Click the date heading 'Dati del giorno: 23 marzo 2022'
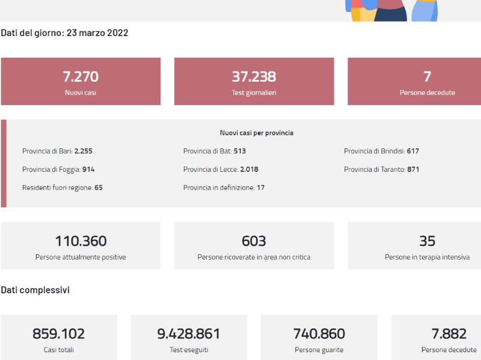coord(64,33)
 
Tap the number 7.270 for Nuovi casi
coord(81,77)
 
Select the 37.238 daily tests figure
coord(254,77)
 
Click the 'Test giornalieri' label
coord(254,93)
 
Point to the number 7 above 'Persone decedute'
coord(427,77)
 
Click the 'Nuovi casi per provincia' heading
coord(257,133)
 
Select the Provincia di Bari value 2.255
coord(84,151)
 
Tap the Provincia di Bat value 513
coord(239,151)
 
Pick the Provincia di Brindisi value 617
coord(413,151)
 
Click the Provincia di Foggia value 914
coord(88,169)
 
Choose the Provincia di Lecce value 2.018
coord(249,169)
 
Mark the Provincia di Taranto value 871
coord(413,169)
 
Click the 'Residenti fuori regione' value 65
coord(99,188)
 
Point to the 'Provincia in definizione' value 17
coord(261,188)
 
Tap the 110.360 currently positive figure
coord(81,241)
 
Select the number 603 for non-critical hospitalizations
coord(254,241)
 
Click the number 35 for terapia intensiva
coord(427,241)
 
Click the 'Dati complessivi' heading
coord(35,290)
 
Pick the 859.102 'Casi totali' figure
coord(58,334)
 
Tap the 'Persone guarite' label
coord(319,350)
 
